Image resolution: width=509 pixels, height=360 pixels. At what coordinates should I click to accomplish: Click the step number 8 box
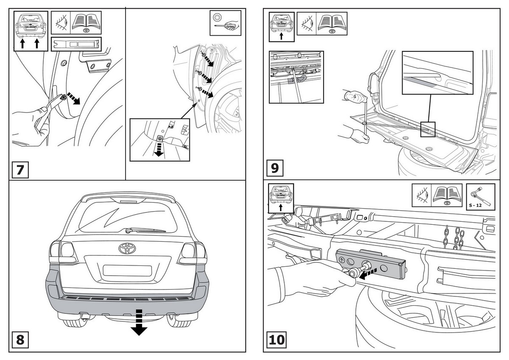point(20,340)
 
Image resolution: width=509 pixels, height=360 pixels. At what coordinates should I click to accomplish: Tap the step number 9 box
point(275,168)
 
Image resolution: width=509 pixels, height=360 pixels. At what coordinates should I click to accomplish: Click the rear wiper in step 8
point(145,230)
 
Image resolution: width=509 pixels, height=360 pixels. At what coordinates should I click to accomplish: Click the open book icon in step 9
point(332,23)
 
